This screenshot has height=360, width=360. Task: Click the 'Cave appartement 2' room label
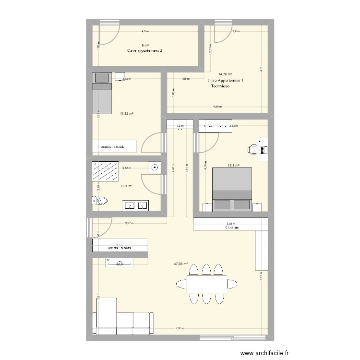(x=144, y=50)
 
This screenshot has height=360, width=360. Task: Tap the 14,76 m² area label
(x=225, y=74)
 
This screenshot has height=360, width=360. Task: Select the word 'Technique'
(x=220, y=86)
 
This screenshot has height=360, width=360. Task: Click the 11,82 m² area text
(x=127, y=114)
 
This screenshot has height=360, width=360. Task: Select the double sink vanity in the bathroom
(x=136, y=205)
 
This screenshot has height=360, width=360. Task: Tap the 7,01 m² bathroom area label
(x=126, y=186)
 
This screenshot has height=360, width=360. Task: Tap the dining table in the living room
(x=207, y=285)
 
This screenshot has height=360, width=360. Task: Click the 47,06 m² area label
(x=180, y=264)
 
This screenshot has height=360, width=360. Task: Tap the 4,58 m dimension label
(x=217, y=107)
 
